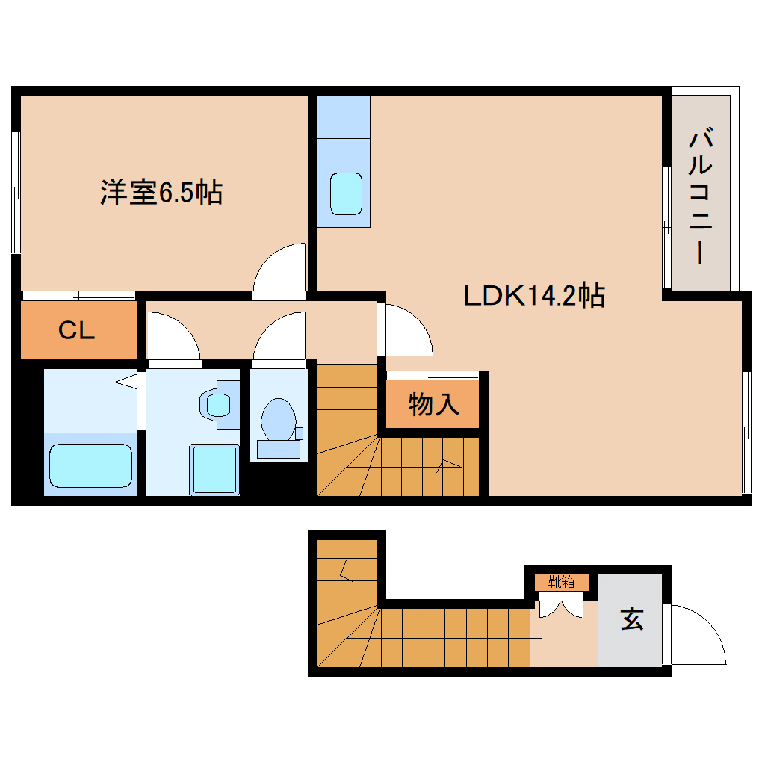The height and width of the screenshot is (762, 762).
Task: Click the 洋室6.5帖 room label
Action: point(161,193)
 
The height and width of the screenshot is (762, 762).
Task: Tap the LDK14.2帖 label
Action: point(533,296)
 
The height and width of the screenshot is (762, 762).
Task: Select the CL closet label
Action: point(77,330)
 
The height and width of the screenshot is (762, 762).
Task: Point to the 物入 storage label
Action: point(433,405)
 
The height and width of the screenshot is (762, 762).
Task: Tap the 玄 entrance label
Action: point(631,619)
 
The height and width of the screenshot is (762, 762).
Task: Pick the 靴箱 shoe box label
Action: point(561,581)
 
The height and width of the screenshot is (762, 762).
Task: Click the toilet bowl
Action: point(278,421)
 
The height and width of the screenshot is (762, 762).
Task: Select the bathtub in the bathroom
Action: point(90,466)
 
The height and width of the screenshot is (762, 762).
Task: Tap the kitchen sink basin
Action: point(346,193)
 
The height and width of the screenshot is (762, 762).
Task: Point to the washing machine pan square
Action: point(214,469)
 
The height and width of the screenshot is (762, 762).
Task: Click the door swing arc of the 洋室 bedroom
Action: point(282,267)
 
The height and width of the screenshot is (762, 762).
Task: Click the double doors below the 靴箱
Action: point(560,609)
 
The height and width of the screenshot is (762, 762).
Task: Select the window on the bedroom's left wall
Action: point(15,193)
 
